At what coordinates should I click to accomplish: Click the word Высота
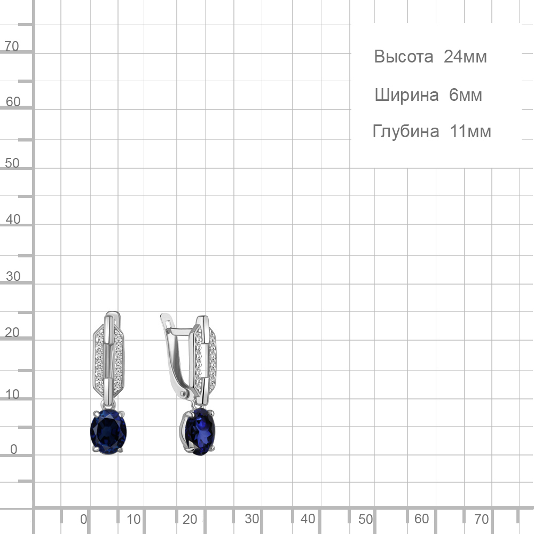click(404, 57)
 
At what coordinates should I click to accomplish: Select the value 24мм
click(465, 57)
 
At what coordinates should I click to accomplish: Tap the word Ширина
click(406, 95)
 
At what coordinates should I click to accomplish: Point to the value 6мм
click(466, 95)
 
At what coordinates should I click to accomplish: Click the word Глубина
click(406, 131)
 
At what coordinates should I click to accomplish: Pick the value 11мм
click(470, 131)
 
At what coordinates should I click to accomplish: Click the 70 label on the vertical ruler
click(12, 46)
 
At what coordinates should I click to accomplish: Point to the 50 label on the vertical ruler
click(12, 163)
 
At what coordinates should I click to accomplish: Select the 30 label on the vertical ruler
click(13, 276)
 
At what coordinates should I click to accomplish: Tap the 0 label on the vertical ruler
click(14, 449)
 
